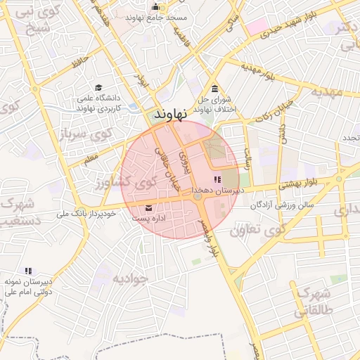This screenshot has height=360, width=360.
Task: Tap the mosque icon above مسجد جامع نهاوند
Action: click(x=156, y=7)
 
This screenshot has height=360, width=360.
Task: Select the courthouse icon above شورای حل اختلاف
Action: click(x=214, y=89)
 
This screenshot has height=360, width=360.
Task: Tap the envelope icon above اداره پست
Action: click(x=148, y=208)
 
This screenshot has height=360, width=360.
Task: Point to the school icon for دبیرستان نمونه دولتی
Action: click(x=28, y=271)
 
